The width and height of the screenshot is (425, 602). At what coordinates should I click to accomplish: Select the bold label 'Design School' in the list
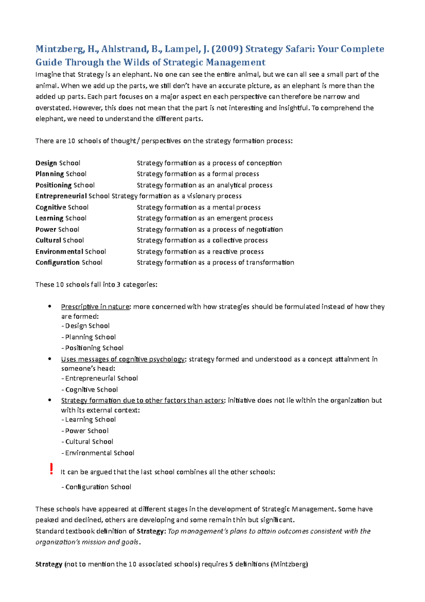click(x=58, y=163)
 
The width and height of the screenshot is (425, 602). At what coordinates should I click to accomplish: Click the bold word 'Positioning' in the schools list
click(x=53, y=185)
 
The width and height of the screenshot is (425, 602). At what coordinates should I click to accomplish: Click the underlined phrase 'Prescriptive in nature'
click(x=95, y=307)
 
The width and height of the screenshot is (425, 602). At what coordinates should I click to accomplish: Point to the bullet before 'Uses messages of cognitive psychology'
click(x=50, y=359)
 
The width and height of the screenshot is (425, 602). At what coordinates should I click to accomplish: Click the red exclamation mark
click(x=51, y=469)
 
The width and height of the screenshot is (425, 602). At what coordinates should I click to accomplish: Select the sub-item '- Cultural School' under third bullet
click(x=87, y=442)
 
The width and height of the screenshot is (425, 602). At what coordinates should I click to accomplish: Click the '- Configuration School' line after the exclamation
click(x=96, y=487)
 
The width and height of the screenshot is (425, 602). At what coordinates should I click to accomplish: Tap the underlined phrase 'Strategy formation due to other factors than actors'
click(x=142, y=400)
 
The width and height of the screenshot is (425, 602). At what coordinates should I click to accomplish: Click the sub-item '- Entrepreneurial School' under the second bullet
click(x=100, y=378)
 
